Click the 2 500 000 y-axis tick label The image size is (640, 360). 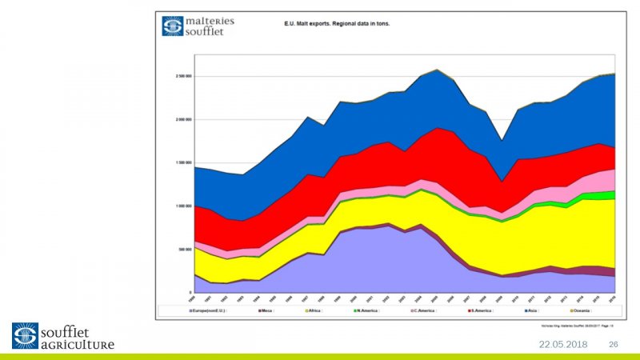coord(183,77)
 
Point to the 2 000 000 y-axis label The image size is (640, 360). coord(183,120)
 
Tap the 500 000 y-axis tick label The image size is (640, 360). coord(185,249)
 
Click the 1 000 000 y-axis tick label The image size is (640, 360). coord(183,206)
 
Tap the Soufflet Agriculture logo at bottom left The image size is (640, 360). coord(62,336)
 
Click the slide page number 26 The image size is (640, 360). coord(614,344)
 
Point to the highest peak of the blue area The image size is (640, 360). coord(436,70)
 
